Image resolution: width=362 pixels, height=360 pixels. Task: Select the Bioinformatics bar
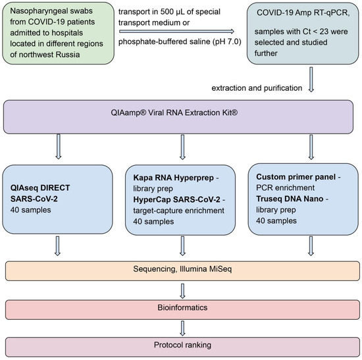click(180, 308)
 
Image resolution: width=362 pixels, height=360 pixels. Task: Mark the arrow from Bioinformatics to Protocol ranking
click(180, 325)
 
